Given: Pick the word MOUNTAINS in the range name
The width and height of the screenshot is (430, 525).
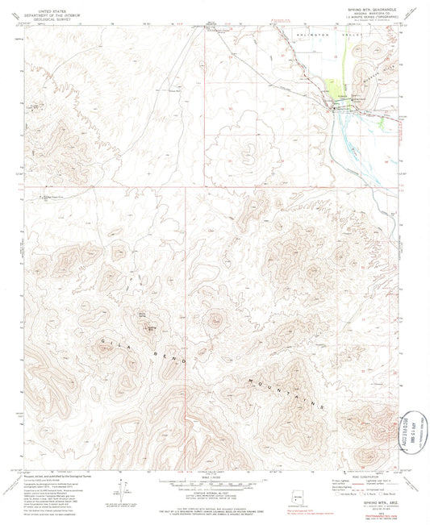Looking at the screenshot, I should pos(286,390).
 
